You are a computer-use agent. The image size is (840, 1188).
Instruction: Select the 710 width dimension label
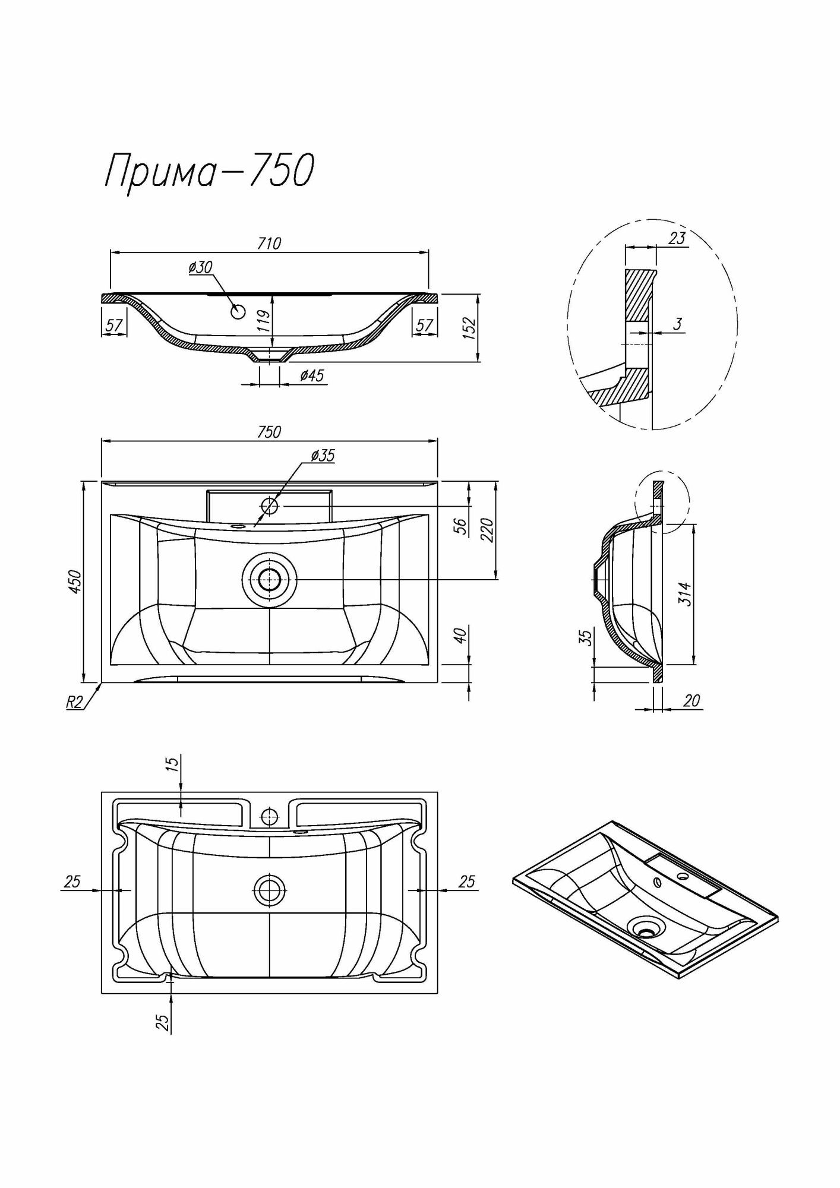point(269,244)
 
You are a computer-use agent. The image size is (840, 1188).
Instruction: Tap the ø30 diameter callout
point(201,268)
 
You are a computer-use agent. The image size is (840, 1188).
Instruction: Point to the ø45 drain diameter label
point(312,376)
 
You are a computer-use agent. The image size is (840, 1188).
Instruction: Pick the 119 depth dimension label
point(265,321)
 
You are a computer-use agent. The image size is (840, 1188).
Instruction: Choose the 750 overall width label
point(269,432)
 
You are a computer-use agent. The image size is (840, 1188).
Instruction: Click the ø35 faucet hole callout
point(323,456)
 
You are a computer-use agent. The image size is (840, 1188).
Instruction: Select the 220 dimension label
point(487,530)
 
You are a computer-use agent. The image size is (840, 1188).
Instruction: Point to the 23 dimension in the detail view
point(677,238)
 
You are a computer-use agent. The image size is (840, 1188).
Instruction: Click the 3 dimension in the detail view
point(678,324)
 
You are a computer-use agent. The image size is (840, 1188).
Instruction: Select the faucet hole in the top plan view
point(270,506)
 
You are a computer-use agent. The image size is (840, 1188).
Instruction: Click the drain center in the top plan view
point(270,579)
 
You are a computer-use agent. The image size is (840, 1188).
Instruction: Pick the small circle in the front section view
point(239,311)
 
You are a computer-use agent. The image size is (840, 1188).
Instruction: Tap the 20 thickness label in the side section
point(691,702)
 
